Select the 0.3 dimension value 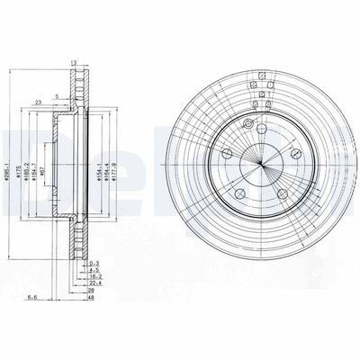(94, 261)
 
